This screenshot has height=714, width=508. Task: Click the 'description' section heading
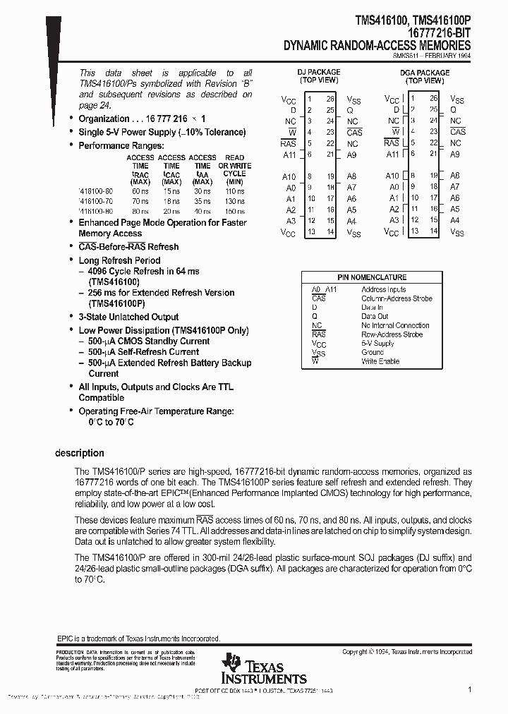click(80, 453)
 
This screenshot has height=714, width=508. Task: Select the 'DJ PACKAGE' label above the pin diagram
click(319, 72)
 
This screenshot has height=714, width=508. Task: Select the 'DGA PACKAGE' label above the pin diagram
click(424, 73)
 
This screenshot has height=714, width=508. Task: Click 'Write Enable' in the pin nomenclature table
click(380, 361)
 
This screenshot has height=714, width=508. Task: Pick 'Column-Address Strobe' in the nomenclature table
click(397, 298)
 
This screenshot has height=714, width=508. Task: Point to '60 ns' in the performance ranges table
click(140, 190)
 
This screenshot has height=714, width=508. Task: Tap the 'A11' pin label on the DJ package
click(289, 155)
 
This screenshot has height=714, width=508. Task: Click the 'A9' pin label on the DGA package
click(455, 154)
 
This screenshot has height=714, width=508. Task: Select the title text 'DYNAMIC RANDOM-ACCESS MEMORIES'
click(377, 45)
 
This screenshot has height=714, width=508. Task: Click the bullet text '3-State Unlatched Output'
click(128, 317)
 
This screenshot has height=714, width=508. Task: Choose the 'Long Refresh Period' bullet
click(119, 260)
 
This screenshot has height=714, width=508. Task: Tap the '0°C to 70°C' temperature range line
click(111, 422)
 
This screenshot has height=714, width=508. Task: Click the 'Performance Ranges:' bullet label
click(121, 145)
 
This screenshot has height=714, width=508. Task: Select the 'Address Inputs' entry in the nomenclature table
click(383, 289)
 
